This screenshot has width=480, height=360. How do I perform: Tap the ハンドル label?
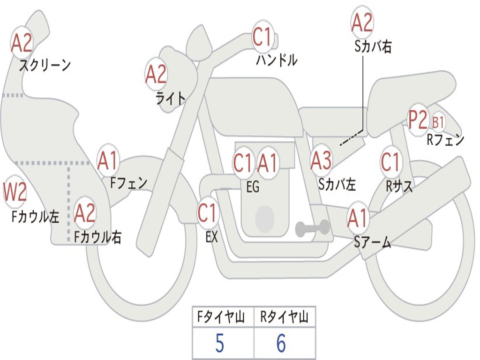pyautogui.click(x=277, y=60)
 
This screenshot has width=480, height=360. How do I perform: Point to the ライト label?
pyautogui.click(x=171, y=98)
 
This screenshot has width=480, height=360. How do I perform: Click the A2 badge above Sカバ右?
pyautogui.click(x=362, y=23)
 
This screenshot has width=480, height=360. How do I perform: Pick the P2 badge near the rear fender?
pyautogui.click(x=418, y=120)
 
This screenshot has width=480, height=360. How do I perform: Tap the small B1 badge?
pyautogui.click(x=438, y=123)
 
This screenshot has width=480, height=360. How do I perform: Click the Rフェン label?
pyautogui.click(x=445, y=140)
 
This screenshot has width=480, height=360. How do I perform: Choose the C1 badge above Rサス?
pyautogui.click(x=390, y=162)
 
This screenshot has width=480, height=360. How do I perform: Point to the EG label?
pyautogui.click(x=253, y=187)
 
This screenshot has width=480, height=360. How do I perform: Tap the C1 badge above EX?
pyautogui.click(x=207, y=213)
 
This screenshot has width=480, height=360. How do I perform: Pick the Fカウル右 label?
pyautogui.click(x=98, y=237)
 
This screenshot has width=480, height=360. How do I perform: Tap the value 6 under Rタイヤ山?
pyautogui.click(x=281, y=344)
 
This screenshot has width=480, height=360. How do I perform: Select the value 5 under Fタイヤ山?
pyautogui.click(x=219, y=344)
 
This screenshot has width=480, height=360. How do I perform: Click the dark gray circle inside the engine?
pyautogui.click(x=265, y=218)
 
